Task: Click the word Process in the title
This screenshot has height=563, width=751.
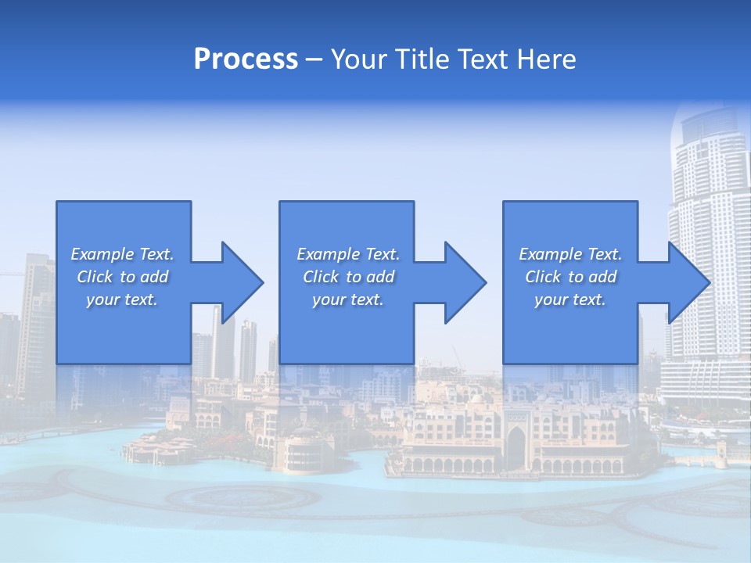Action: coord(246,59)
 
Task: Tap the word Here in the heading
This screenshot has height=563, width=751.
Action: coord(547,59)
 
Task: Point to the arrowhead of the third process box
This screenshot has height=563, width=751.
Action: coord(685,282)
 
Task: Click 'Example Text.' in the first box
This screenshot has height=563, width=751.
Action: coord(122,254)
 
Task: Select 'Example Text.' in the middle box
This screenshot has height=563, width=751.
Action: coord(348,254)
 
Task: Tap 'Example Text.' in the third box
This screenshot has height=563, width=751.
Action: coord(570,254)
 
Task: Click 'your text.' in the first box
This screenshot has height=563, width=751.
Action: coord(122,299)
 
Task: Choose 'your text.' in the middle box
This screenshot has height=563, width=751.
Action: coord(348,299)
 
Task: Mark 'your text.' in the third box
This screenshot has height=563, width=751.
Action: coord(570,299)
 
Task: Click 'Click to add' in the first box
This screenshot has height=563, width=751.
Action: coord(122,277)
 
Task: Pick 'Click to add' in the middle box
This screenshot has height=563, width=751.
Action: coord(348,277)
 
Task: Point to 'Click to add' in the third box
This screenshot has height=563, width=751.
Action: coord(570,277)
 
